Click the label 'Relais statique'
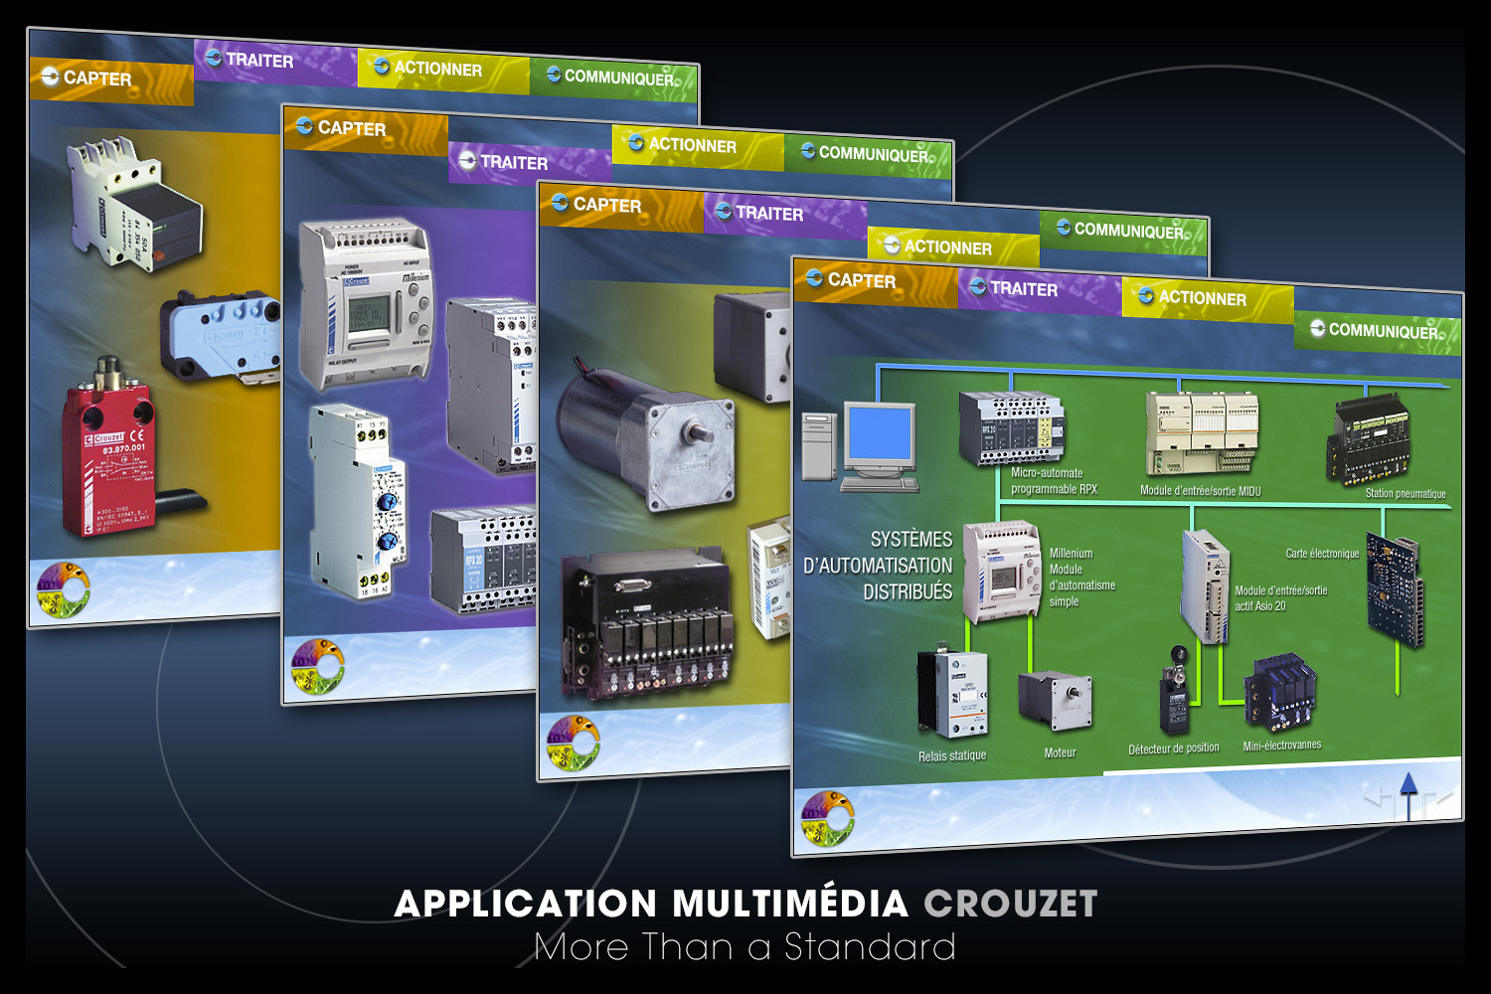coord(952,756)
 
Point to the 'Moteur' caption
coord(1060,752)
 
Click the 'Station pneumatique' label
coord(1405,493)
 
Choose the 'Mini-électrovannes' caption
coord(1282,745)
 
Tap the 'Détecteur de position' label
coord(1173,748)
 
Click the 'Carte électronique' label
coord(1322,554)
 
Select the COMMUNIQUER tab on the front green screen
coord(1382,331)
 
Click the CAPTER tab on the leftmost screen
coord(97,79)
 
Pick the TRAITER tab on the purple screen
coord(513,162)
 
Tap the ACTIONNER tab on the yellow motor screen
coord(947,248)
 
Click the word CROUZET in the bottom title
coord(1010,904)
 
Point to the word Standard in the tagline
coord(870,947)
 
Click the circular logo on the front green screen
coord(827,818)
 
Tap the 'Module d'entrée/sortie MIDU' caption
coord(1200,491)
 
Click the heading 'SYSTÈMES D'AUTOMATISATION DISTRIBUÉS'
coord(878,566)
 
